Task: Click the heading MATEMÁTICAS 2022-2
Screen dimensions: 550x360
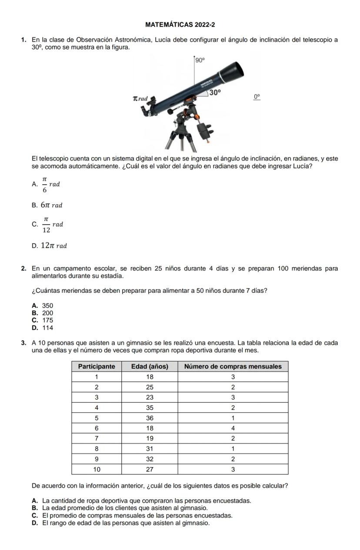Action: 180,25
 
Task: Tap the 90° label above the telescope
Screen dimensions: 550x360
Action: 199,61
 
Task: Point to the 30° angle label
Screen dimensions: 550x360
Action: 215,92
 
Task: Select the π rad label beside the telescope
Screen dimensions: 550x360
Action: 140,99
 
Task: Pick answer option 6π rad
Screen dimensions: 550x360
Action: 52,205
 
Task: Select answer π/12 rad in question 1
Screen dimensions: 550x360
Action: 52,225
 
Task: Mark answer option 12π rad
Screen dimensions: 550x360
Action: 54,246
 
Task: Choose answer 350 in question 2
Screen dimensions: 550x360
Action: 47,306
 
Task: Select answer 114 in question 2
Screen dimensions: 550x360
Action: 47,328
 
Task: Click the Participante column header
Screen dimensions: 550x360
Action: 96,366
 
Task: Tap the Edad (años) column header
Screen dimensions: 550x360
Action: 150,366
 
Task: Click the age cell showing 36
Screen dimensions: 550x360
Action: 150,418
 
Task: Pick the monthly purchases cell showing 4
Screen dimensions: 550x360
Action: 233,428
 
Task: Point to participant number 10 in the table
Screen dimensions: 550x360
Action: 96,469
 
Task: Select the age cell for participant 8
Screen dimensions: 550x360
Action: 150,449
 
